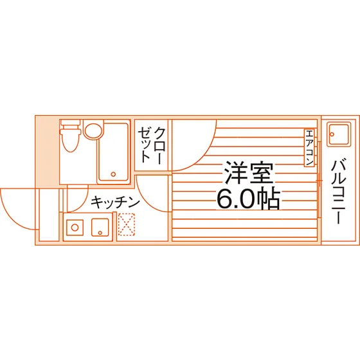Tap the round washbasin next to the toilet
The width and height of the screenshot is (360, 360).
pyautogui.click(x=93, y=131)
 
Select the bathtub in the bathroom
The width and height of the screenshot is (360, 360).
pyautogui.click(x=113, y=152)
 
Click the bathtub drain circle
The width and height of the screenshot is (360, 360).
pyautogui.click(x=113, y=174)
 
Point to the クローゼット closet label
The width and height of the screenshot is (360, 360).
pyautogui.click(x=151, y=145)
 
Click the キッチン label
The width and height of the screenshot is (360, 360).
pyautogui.click(x=115, y=203)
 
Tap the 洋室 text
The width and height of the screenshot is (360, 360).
pyautogui.click(x=249, y=172)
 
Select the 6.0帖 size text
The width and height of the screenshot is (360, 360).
pyautogui.click(x=249, y=199)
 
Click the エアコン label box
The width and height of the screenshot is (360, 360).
pyautogui.click(x=309, y=147)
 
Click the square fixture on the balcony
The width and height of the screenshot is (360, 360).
pyautogui.click(x=339, y=134)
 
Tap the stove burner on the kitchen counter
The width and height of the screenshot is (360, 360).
pyautogui.click(x=75, y=228)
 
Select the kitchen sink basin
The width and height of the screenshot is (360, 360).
pyautogui.click(x=100, y=228)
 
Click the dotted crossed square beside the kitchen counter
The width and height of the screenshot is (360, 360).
pyautogui.click(x=126, y=224)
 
